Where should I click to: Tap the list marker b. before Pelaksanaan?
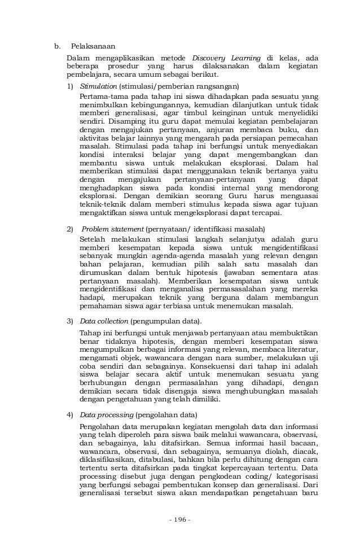pyautogui.click(x=57, y=46)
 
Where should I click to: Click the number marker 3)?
pyautogui.click(x=70, y=321)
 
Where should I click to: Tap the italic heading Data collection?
pyautogui.click(x=104, y=321)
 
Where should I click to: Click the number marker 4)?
pyautogui.click(x=70, y=414)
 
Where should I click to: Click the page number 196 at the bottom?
pyautogui.click(x=180, y=519)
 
